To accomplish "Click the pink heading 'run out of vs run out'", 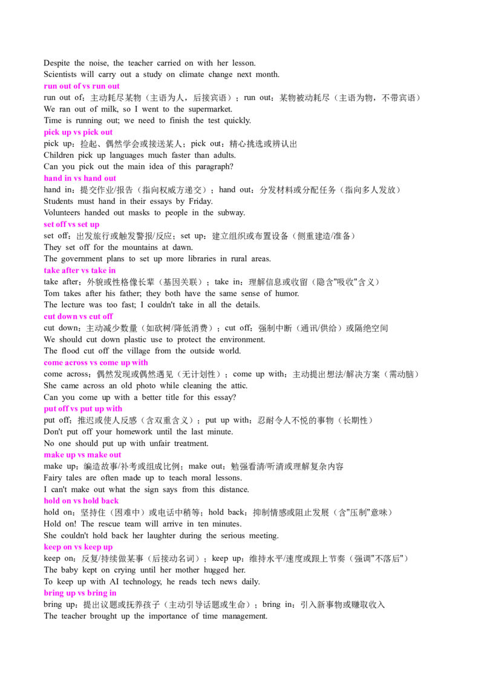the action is [x=81, y=86].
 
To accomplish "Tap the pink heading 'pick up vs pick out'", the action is [x=78, y=133].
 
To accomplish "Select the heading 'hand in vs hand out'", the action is [x=80, y=179].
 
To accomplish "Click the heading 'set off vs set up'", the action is [x=71, y=225].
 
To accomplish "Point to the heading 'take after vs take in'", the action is [x=79, y=270].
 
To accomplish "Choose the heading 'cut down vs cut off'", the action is [x=78, y=316].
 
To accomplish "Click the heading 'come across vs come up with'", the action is [x=96, y=362].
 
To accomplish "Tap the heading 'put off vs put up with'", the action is [x=83, y=409].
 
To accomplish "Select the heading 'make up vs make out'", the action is [x=82, y=455].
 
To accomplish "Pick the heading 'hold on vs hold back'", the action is [x=81, y=501].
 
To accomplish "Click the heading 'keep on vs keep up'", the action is [x=78, y=547].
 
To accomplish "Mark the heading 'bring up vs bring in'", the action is [x=80, y=593].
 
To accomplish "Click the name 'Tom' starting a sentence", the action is [x=51, y=293].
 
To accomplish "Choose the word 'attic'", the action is [x=239, y=385].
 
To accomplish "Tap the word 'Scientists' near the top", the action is [x=60, y=74].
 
